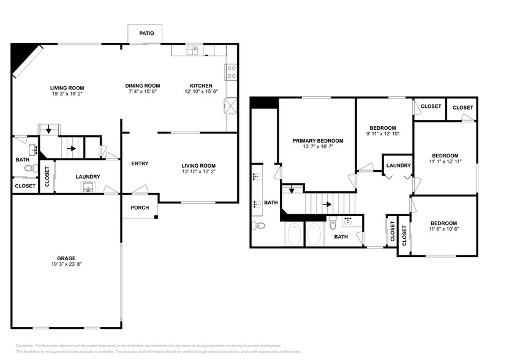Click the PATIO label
(x=146, y=34)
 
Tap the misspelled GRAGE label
(x=67, y=258)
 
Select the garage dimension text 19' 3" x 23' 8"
(x=67, y=264)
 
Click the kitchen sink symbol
(x=194, y=51)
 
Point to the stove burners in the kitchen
(x=232, y=73)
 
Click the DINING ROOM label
(x=143, y=86)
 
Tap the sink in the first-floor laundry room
(x=89, y=187)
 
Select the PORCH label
(x=140, y=208)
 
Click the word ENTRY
(x=140, y=163)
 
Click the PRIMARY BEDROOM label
(x=317, y=140)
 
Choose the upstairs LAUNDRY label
(x=398, y=165)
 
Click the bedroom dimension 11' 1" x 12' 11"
(x=446, y=161)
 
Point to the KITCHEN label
(x=201, y=86)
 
